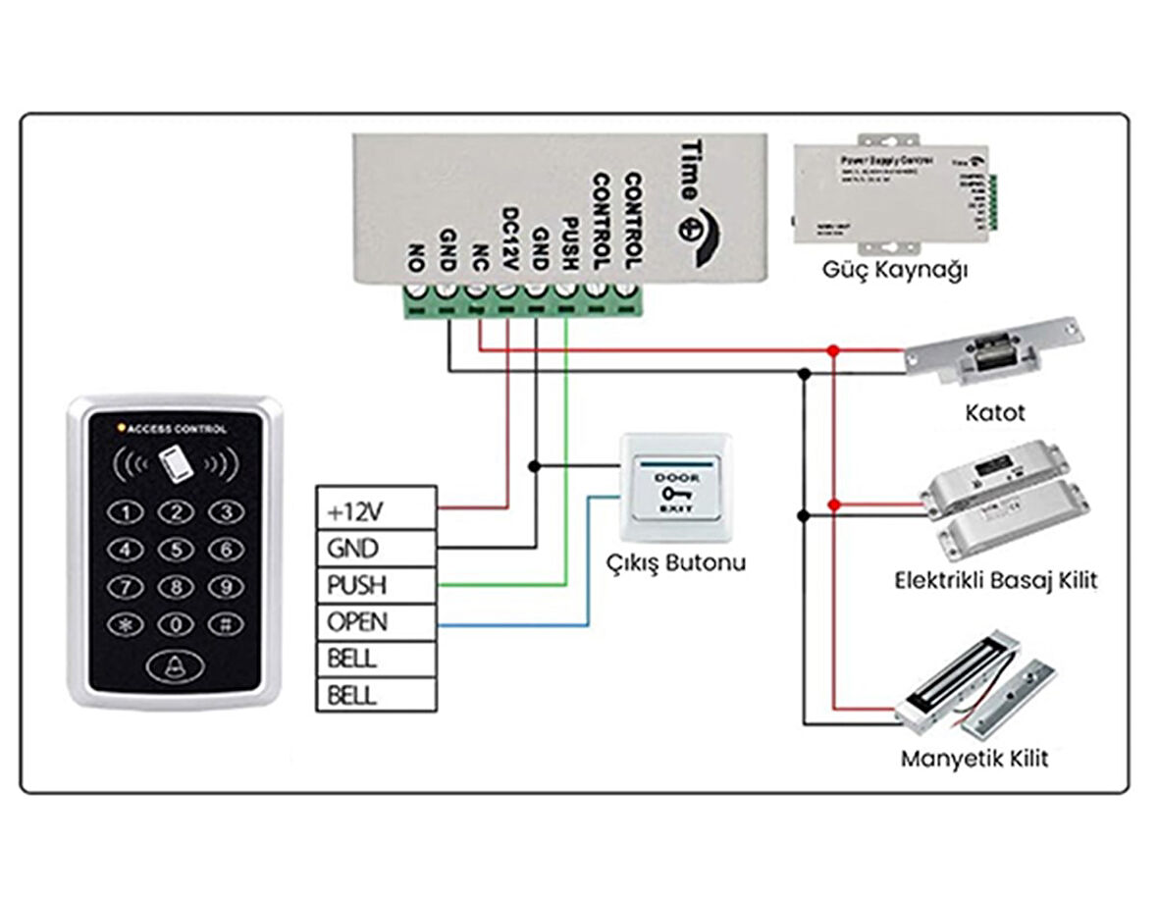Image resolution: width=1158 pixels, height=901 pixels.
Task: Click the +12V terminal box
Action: pos(375,509)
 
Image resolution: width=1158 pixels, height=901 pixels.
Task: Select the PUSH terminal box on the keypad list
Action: pos(375,585)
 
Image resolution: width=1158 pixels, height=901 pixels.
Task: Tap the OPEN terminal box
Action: pos(375,622)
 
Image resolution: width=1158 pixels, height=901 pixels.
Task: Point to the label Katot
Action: pos(994,412)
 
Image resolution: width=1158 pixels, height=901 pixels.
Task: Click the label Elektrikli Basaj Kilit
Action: pos(995,580)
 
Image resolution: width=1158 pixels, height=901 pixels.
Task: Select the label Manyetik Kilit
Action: pos(974,759)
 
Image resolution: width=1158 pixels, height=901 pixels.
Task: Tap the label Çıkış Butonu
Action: pos(674,563)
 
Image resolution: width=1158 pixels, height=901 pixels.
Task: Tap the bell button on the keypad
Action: pos(176,667)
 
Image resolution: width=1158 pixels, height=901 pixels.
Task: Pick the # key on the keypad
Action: pos(226,624)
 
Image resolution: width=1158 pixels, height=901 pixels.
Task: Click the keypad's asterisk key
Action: pos(126,624)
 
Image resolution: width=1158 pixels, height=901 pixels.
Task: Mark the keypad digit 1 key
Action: pos(126,512)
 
